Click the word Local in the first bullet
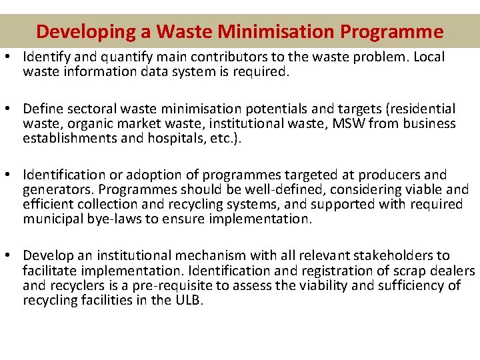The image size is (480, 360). (x=429, y=57)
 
